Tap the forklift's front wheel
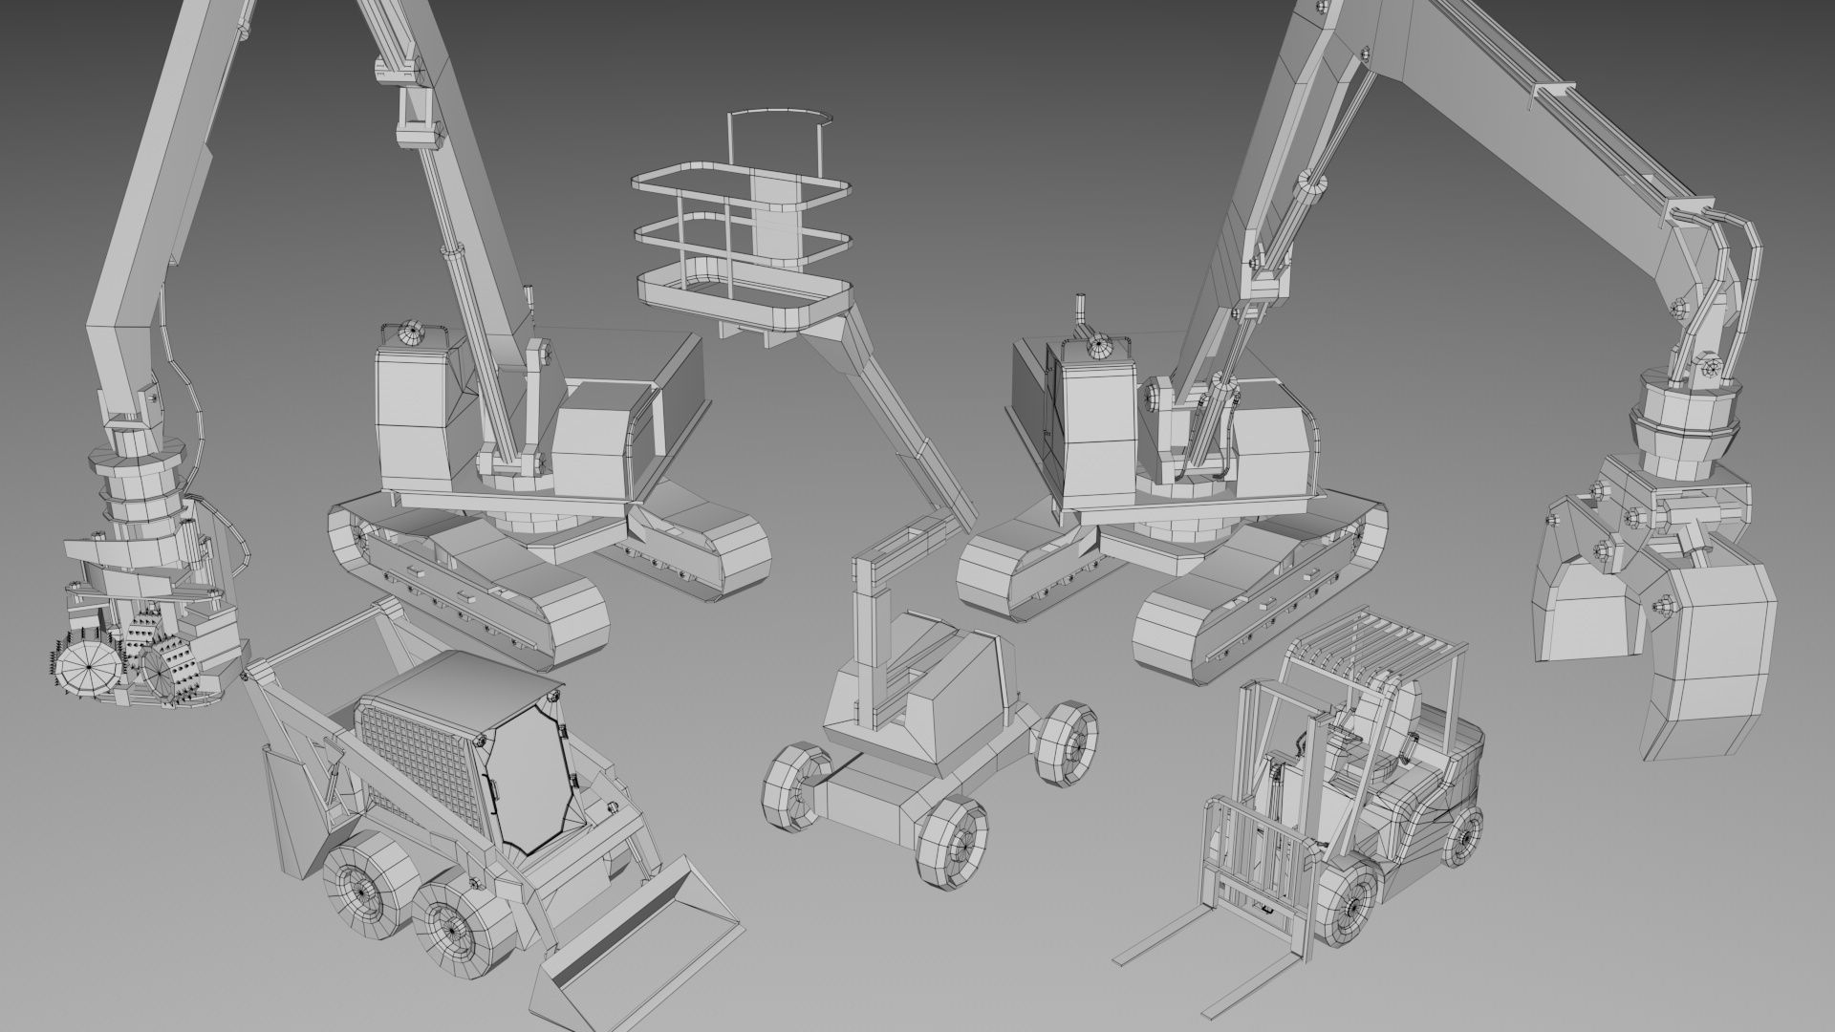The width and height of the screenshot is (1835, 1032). (1351, 904)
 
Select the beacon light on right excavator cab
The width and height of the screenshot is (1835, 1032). (1099, 346)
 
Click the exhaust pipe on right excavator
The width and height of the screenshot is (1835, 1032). (1083, 312)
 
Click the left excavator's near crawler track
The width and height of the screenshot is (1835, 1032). (468, 583)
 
